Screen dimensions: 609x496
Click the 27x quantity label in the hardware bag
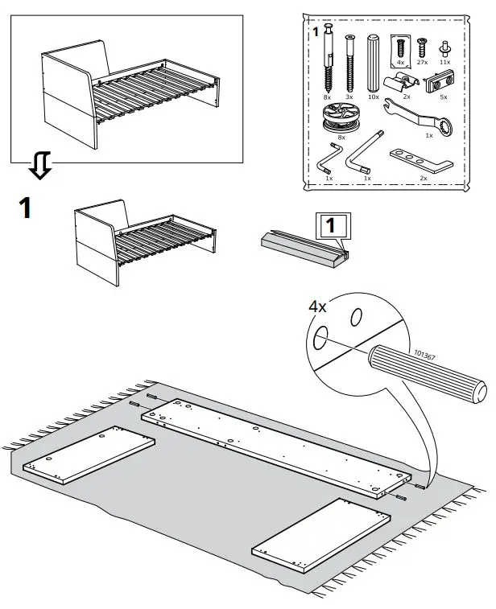[x=422, y=62]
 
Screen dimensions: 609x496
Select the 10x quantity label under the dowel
[x=373, y=97]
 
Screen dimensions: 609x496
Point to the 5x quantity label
[x=441, y=97]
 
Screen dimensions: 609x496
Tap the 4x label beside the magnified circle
[x=318, y=307]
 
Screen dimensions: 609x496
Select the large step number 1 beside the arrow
[x=26, y=208]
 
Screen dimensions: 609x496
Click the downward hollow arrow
[x=39, y=167]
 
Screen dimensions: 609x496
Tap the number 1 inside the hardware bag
[x=316, y=32]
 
